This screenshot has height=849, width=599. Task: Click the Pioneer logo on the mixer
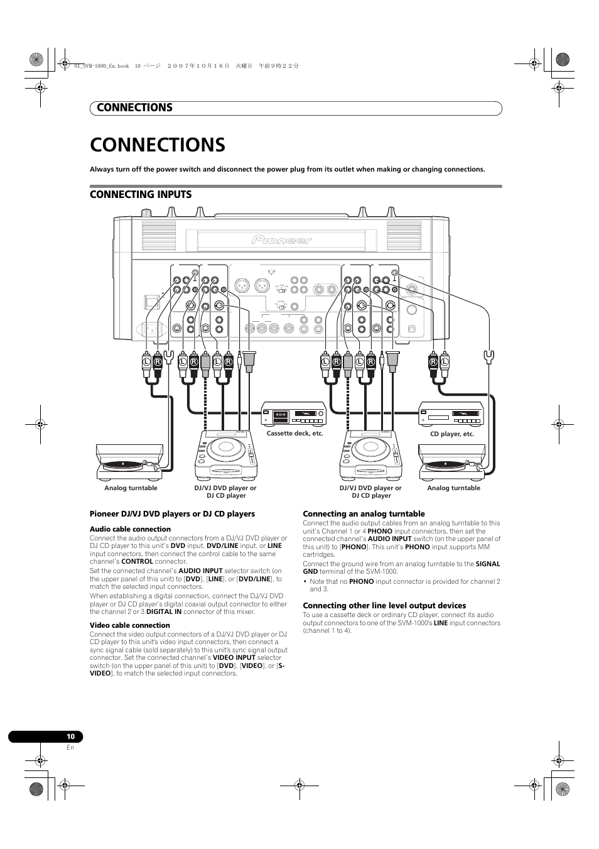(282, 239)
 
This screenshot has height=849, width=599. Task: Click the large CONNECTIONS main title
(158, 145)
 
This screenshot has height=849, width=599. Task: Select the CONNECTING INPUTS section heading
(141, 195)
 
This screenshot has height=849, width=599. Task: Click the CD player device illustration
(451, 414)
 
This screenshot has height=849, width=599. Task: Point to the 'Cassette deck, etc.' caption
(294, 434)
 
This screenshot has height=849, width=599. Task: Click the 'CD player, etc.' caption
(451, 434)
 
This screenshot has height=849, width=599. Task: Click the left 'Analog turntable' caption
(131, 488)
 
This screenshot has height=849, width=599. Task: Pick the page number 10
(70, 737)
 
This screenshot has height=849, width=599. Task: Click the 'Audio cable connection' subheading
(130, 529)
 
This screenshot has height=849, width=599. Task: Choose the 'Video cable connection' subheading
(129, 625)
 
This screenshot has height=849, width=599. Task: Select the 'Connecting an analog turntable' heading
(364, 514)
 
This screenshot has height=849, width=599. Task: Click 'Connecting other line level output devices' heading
(384, 606)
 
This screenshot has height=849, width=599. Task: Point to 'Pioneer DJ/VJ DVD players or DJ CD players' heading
(172, 514)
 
